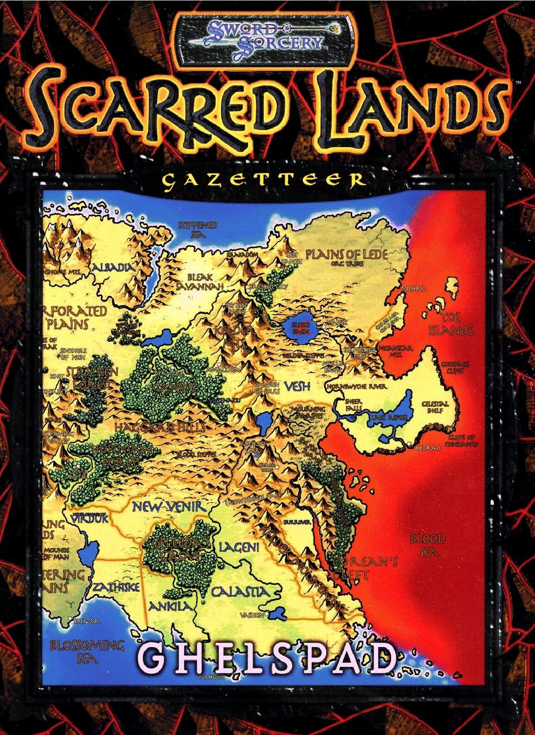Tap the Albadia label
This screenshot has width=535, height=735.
pyautogui.click(x=114, y=267)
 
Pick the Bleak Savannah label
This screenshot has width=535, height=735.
pyautogui.click(x=200, y=281)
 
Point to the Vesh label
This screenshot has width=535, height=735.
pyautogui.click(x=297, y=386)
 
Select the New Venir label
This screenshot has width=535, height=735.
pyautogui.click(x=168, y=506)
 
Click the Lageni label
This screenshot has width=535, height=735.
pyautogui.click(x=239, y=547)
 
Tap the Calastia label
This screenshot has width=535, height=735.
pyautogui.click(x=240, y=592)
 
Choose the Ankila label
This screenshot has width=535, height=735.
pyautogui.click(x=170, y=606)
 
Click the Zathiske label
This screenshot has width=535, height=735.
pyautogui.click(x=117, y=587)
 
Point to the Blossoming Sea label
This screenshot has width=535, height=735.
pyautogui.click(x=87, y=651)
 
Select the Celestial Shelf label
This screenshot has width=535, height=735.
pyautogui.click(x=435, y=407)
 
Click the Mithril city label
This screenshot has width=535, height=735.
pyautogui.click(x=414, y=288)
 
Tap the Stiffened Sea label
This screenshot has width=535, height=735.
pyautogui.click(x=198, y=230)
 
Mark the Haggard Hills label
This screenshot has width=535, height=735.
pyautogui.click(x=160, y=427)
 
